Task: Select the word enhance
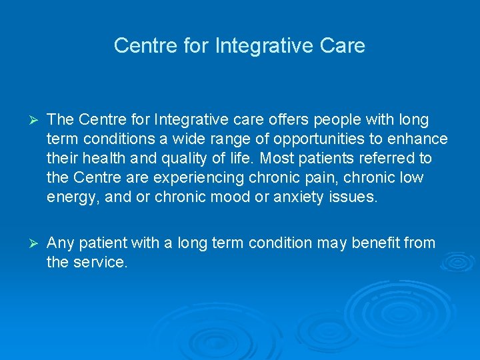(418, 139)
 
